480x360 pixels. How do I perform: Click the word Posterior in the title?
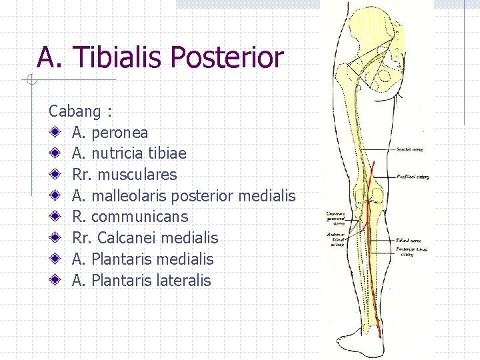click(x=227, y=57)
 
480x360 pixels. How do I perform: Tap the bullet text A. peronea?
click(x=110, y=132)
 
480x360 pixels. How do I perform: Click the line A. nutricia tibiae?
click(x=129, y=153)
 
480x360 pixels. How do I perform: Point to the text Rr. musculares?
click(x=125, y=175)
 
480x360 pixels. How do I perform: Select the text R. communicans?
click(x=131, y=217)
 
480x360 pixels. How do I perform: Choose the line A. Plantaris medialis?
click(x=143, y=259)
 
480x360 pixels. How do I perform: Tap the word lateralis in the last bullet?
click(x=185, y=281)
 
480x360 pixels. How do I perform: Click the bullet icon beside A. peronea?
click(x=60, y=132)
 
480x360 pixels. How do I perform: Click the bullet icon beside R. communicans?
click(x=60, y=217)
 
